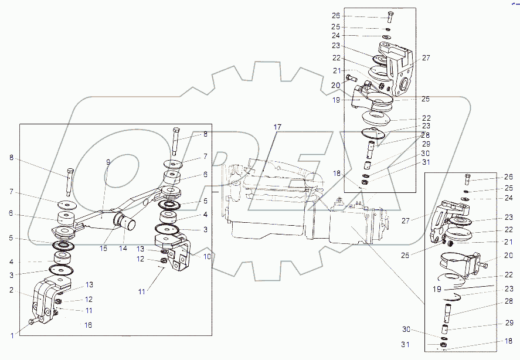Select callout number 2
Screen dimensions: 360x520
12,289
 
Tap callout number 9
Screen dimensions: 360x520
108,162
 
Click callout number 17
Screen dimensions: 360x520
277,127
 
